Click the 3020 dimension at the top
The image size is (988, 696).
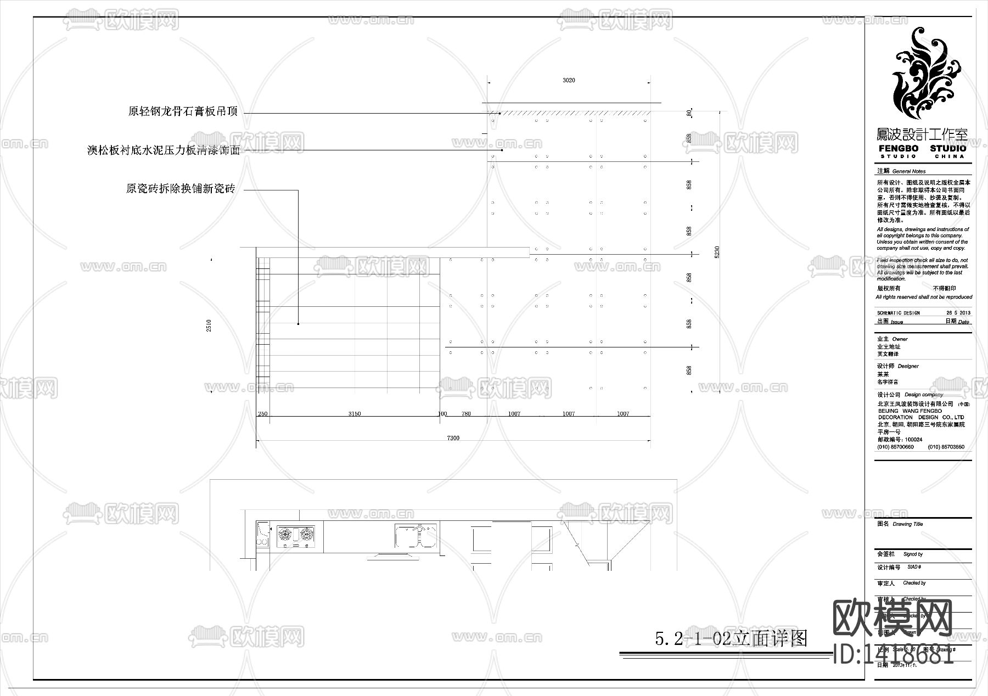coord(569,80)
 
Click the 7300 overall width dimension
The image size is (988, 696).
coord(453,438)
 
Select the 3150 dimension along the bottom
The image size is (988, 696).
coord(355,414)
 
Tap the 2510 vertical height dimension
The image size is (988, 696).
coord(209,325)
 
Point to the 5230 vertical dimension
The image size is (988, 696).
coord(717,252)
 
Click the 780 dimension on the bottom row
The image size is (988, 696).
coord(466,414)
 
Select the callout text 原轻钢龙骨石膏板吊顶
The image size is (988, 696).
coord(183,111)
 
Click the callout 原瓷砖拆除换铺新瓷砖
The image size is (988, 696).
coord(181,189)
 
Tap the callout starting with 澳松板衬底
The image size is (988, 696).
coord(164,150)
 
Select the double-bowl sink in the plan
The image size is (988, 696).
coord(416,536)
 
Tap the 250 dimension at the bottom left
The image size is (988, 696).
coord(262,414)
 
